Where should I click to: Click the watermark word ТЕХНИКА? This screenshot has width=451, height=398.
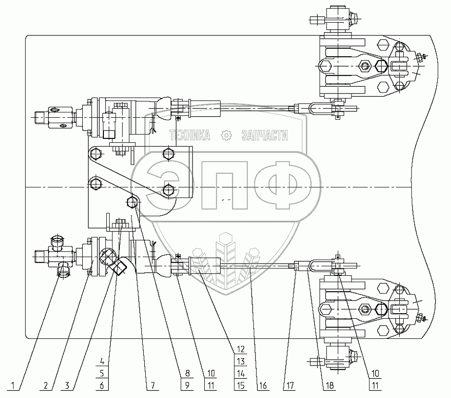(x=190, y=136)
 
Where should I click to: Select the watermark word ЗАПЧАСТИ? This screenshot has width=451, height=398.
(x=265, y=136)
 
